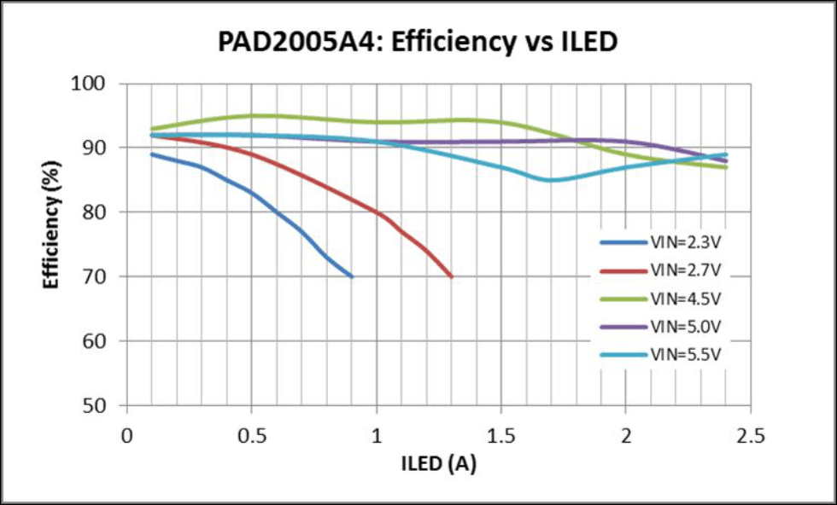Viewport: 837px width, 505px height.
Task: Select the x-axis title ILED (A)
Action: [439, 464]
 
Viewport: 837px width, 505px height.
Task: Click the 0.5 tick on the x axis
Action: [251, 436]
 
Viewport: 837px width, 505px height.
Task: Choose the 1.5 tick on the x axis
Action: [501, 436]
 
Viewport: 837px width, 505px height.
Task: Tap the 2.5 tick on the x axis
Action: [751, 436]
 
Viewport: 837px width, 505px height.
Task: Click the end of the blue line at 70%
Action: [351, 276]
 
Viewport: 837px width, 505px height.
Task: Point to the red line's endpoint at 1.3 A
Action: [451, 276]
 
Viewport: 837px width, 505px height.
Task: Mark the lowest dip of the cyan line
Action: [552, 180]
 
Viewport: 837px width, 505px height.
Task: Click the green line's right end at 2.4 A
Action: [726, 167]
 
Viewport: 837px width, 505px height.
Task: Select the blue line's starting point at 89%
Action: [152, 154]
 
